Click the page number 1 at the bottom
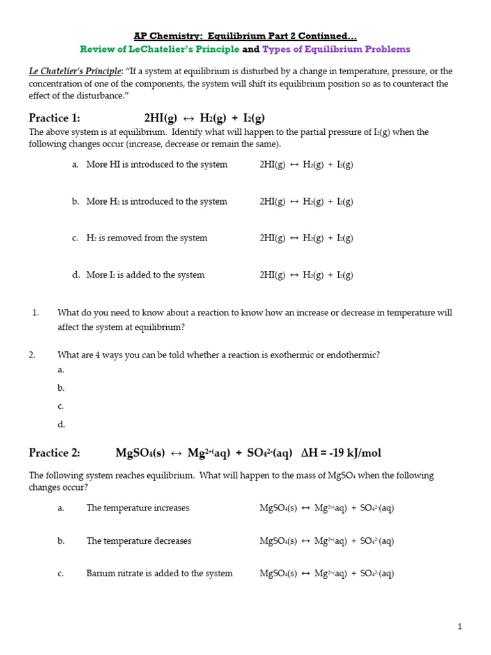pyautogui.click(x=459, y=627)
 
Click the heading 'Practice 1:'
pyautogui.click(x=54, y=118)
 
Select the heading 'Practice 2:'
pyautogui.click(x=54, y=453)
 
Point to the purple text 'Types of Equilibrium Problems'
pyautogui.click(x=336, y=49)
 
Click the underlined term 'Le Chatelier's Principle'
pyautogui.click(x=75, y=71)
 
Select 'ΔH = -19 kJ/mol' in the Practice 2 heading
pyautogui.click(x=341, y=453)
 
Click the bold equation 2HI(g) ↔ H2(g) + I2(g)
pyautogui.click(x=205, y=118)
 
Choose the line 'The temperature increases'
pyautogui.click(x=138, y=508)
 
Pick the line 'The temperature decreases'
pyautogui.click(x=139, y=541)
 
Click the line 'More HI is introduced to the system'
pyautogui.click(x=157, y=164)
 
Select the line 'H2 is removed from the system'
pyautogui.click(x=147, y=238)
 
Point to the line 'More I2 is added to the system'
pyautogui.click(x=145, y=275)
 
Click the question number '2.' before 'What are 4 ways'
pyautogui.click(x=32, y=355)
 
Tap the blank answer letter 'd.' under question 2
pyautogui.click(x=61, y=424)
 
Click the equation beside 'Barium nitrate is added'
pyautogui.click(x=327, y=574)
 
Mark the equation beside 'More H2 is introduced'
pyautogui.click(x=306, y=201)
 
